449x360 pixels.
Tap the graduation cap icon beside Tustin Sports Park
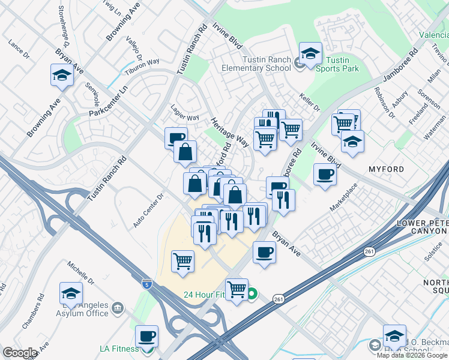310,55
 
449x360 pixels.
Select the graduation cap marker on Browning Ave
62,76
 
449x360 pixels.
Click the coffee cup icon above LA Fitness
146,337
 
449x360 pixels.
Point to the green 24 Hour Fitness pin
253,294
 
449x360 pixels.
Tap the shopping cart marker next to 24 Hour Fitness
237,290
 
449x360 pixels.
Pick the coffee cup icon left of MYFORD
325,175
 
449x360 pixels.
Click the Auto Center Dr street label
148,211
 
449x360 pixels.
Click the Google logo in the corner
20,353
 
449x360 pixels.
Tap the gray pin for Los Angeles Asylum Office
118,308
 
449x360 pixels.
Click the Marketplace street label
343,197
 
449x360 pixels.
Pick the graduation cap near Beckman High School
394,336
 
